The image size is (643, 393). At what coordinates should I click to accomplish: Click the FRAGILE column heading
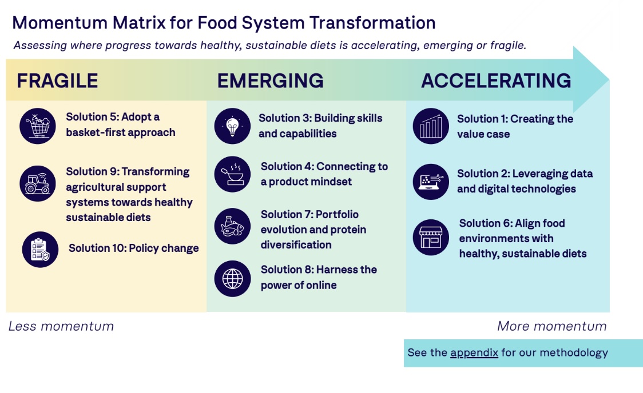pos(57,81)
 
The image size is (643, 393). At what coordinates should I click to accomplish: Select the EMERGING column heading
pos(270,81)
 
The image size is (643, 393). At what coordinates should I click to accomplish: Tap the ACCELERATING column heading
pos(496,81)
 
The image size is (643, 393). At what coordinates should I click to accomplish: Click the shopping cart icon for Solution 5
pos(38,126)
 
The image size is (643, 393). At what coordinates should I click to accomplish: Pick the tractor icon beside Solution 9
pos(38,183)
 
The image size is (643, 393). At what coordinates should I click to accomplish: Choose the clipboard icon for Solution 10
pos(40,249)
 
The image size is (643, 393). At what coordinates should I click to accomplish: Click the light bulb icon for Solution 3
pos(233,126)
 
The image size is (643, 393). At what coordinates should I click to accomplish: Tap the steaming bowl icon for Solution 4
pos(233,174)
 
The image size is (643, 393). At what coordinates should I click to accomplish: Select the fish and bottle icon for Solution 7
pos(233,227)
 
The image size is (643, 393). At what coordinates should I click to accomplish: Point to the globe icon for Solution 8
pos(233,278)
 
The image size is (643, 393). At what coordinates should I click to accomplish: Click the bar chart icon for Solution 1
pos(431,126)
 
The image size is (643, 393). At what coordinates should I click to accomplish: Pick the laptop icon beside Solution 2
pos(431,182)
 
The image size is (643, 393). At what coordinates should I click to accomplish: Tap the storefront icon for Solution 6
pos(431,238)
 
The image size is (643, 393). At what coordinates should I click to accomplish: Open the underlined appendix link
pos(474,352)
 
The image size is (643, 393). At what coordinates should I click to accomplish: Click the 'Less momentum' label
pos(61,326)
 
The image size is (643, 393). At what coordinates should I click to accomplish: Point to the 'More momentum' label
pos(551,326)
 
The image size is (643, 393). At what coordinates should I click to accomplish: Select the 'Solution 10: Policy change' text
pos(134,248)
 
